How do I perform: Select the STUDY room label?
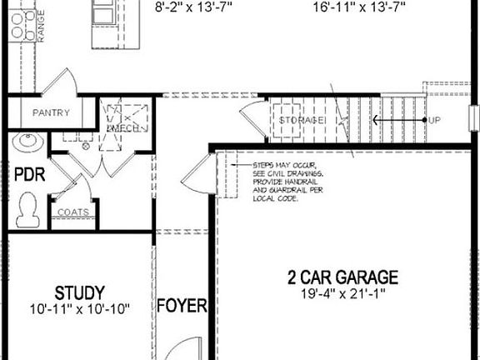pyautogui.click(x=80, y=292)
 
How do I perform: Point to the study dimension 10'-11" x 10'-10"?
pyautogui.click(x=80, y=308)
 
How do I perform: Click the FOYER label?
pyautogui.click(x=182, y=307)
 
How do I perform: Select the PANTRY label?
pyautogui.click(x=50, y=113)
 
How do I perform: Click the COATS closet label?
pyautogui.click(x=73, y=212)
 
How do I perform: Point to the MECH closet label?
pyautogui.click(x=122, y=127)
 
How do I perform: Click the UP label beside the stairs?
pyautogui.click(x=433, y=121)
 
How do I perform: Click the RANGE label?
pyautogui.click(x=39, y=25)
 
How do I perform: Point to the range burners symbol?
pyautogui.click(x=18, y=25)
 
